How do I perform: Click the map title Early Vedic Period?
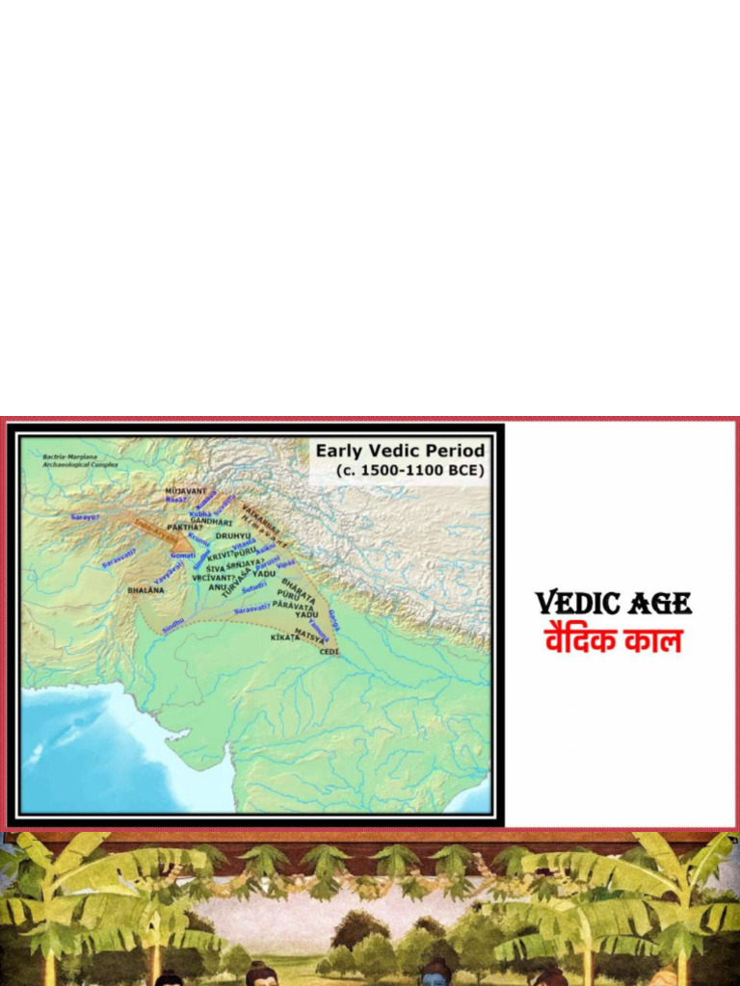coord(401,451)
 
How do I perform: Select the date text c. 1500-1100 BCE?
coord(410,470)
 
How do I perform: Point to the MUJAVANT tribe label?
coord(186,491)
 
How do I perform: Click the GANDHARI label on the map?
coord(211,521)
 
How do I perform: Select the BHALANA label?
coord(145,590)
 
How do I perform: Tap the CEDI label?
coord(330,652)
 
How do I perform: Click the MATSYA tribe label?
coord(309,635)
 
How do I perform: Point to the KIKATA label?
coord(285,637)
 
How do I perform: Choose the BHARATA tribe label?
coord(298,588)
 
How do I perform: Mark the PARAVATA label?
coord(293,605)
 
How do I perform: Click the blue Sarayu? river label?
coord(85,517)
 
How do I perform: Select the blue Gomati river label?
coord(183,556)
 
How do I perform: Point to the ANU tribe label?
coord(217,586)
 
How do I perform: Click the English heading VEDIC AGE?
coord(614,604)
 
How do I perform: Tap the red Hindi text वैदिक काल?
coord(614,639)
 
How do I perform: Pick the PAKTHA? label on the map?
coord(185,528)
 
